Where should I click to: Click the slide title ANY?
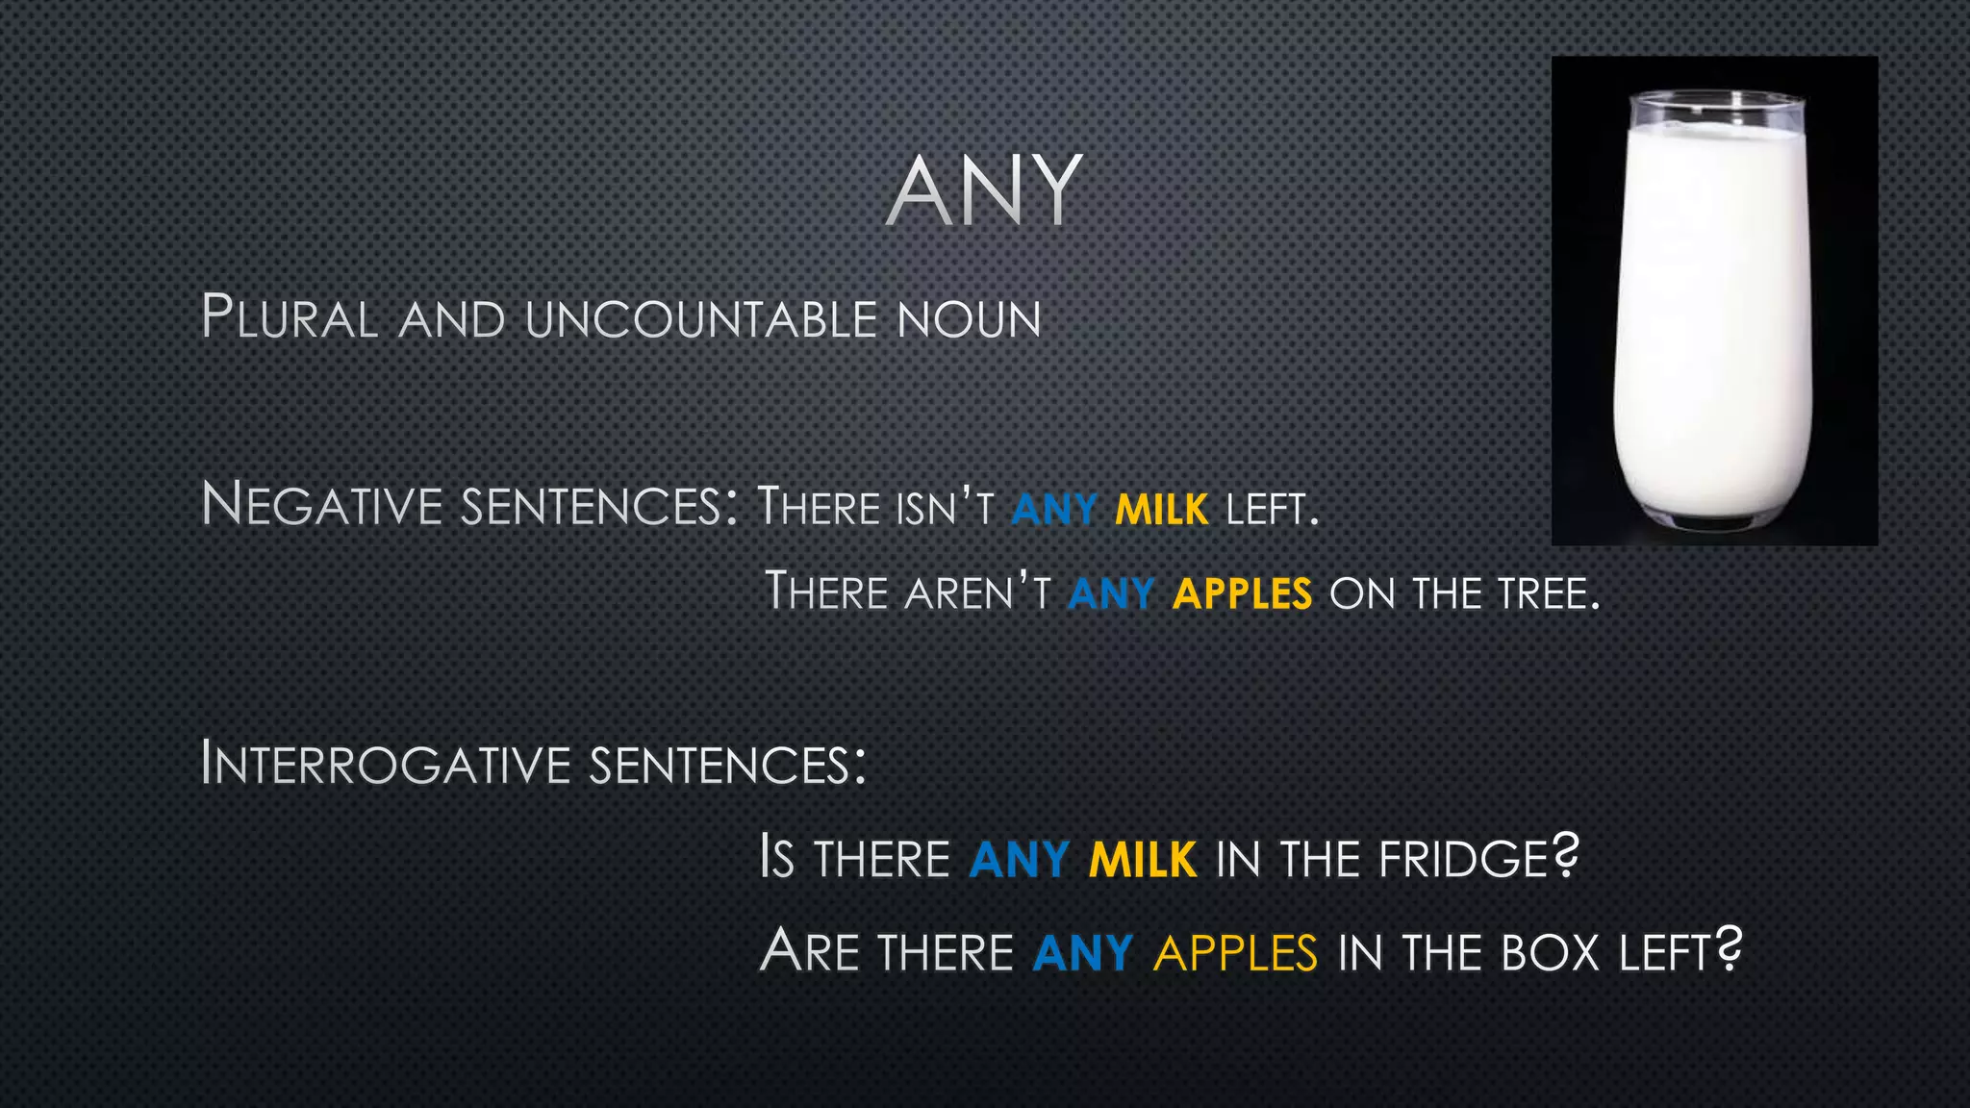[x=984, y=191]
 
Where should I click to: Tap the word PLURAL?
[x=290, y=317]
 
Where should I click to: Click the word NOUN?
[x=969, y=319]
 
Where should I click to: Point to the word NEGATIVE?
[x=321, y=505]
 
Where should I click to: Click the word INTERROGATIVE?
[x=386, y=764]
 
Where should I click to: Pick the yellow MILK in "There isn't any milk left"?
[x=1161, y=509]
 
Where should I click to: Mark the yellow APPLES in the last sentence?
[x=1235, y=952]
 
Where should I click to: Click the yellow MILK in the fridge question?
[x=1142, y=859]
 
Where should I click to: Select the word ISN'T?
[x=944, y=508]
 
